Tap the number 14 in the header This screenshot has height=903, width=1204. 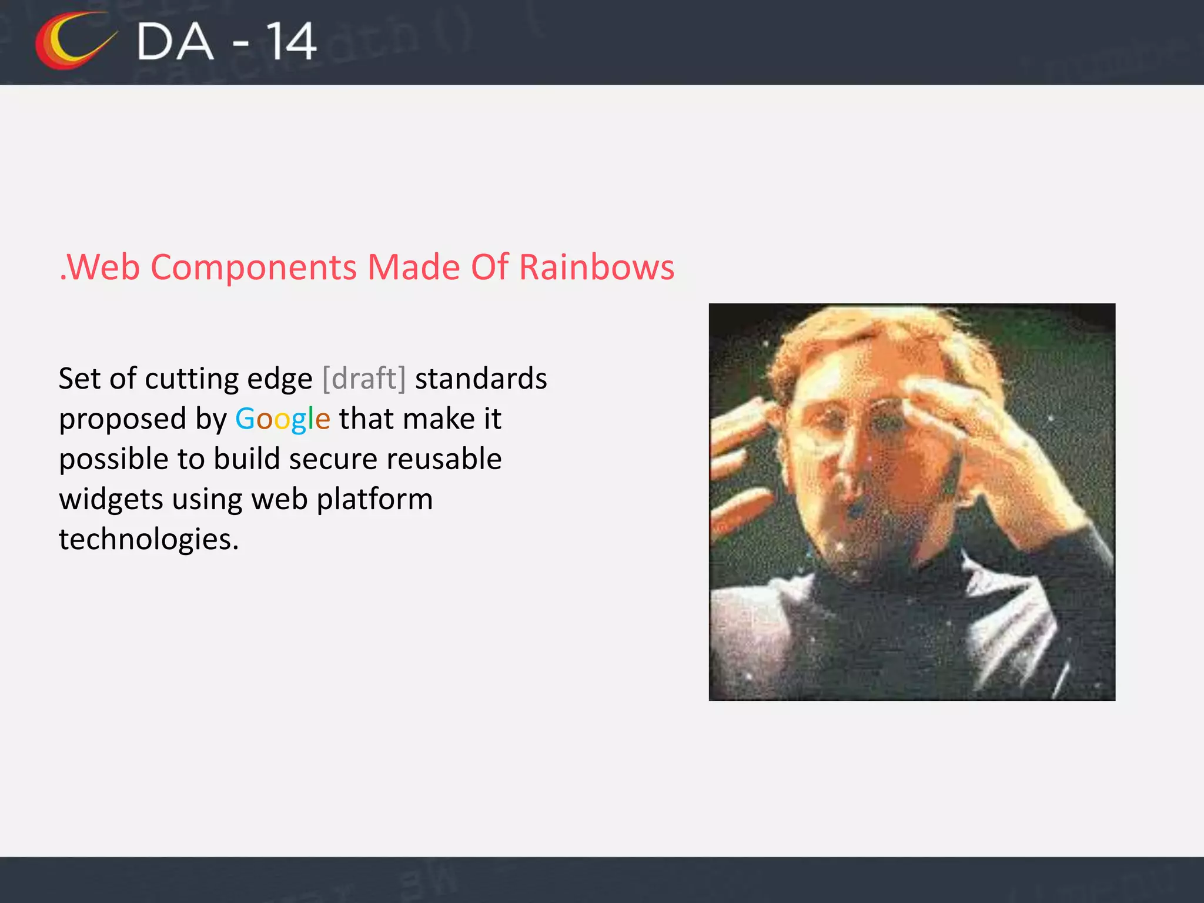[x=291, y=42]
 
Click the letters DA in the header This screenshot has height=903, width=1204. [x=175, y=42]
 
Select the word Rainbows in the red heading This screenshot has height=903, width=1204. [x=597, y=267]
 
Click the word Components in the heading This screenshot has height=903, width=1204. [x=253, y=267]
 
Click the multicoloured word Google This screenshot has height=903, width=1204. [x=282, y=420]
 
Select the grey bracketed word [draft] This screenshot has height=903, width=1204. [x=364, y=379]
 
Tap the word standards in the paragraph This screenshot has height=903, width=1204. [x=481, y=379]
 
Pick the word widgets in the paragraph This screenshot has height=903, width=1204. [x=111, y=500]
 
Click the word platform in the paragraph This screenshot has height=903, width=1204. [x=374, y=500]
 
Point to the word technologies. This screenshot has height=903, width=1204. [x=149, y=540]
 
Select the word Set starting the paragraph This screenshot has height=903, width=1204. [x=79, y=379]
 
